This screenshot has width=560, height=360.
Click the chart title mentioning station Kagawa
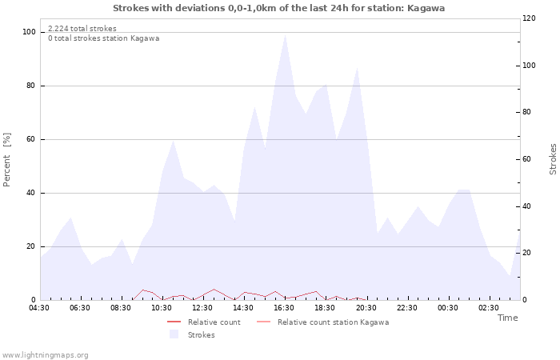(279, 8)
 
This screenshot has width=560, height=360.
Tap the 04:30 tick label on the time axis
(39, 308)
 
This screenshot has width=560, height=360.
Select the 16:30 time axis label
(284, 308)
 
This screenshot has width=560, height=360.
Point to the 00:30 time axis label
(448, 308)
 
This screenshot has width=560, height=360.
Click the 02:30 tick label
(489, 308)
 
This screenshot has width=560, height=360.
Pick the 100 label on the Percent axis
(30, 32)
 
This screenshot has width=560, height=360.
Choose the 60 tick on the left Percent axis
(31, 139)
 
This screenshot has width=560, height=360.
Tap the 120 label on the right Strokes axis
(529, 18)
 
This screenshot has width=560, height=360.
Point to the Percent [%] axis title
(6, 160)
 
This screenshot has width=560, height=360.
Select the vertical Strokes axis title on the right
(553, 159)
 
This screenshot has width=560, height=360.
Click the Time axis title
(507, 318)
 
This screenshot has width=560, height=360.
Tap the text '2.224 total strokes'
(82, 29)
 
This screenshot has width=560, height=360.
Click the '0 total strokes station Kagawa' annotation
(103, 38)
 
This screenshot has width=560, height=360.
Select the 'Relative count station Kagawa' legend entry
(323, 322)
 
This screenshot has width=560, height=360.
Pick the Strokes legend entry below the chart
(193, 335)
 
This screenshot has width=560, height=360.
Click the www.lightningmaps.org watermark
(45, 355)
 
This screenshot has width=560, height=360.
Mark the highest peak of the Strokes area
(285, 35)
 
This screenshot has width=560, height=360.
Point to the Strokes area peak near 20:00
(357, 67)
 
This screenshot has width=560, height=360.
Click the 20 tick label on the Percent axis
(31, 246)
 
